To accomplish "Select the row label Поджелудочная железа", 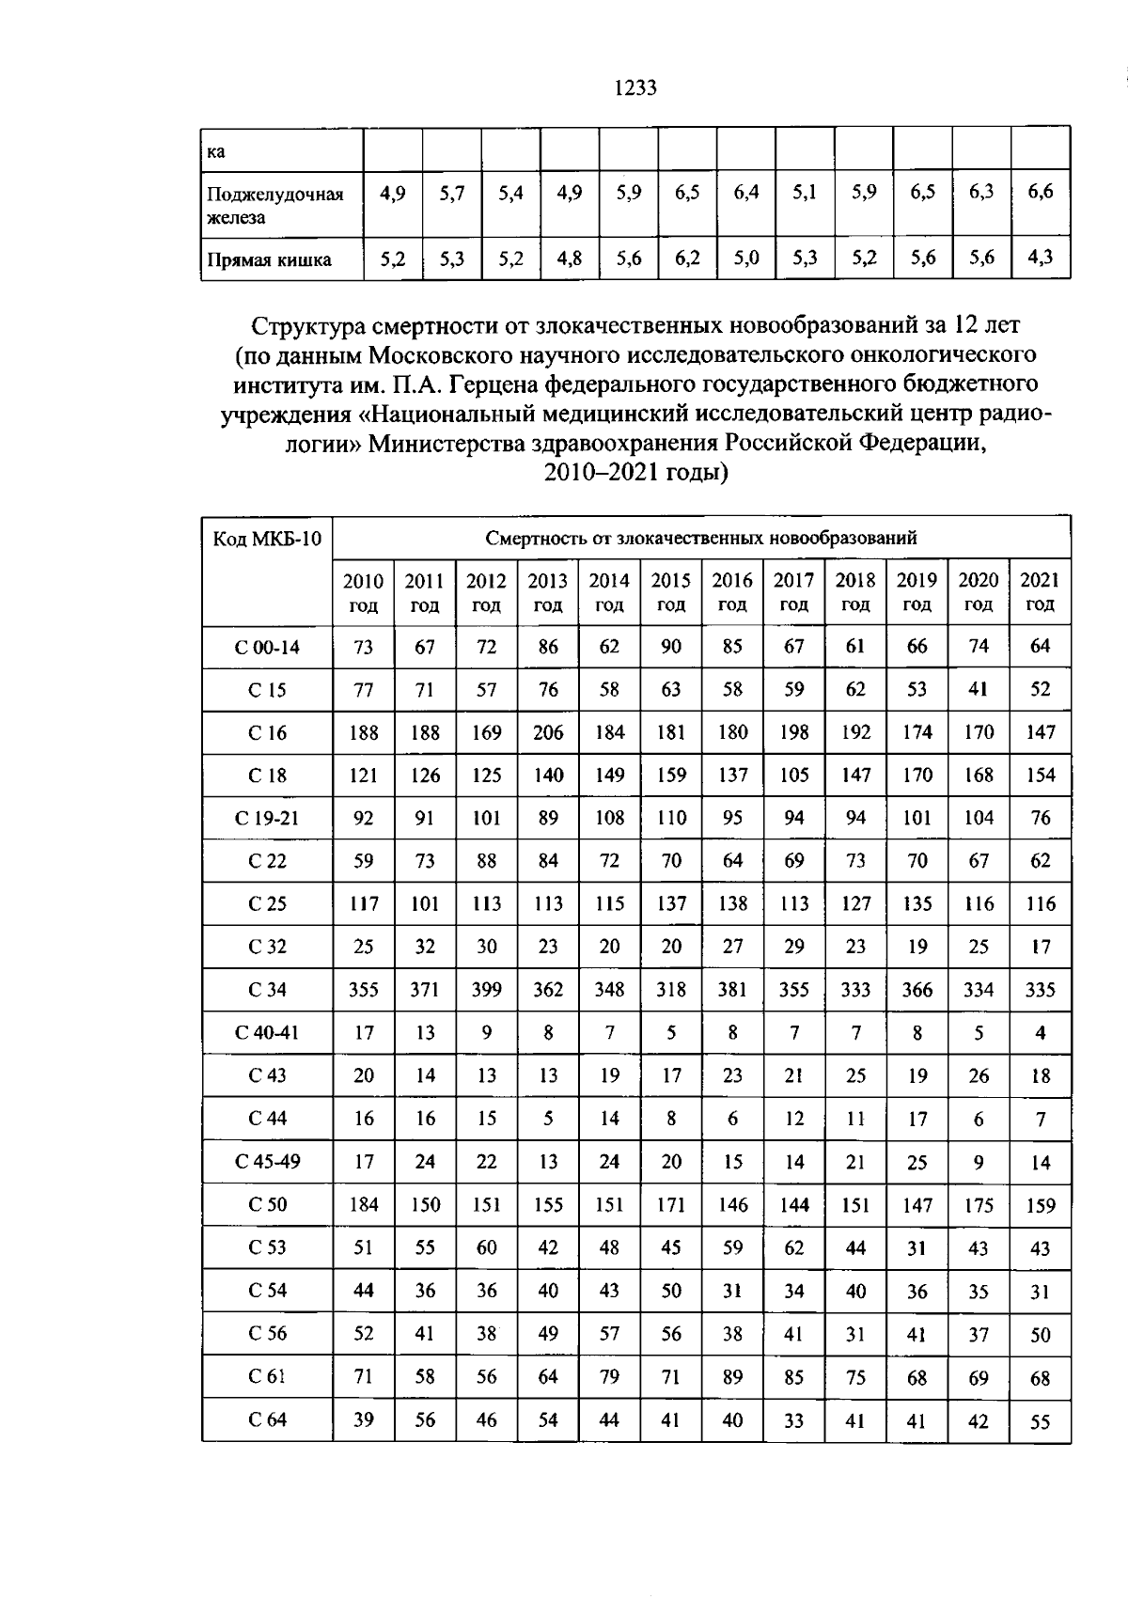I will [274, 205].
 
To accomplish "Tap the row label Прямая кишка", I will [269, 260].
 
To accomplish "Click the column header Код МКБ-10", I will [267, 539].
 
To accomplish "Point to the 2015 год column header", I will [670, 592].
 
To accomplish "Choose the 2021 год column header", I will [1040, 592].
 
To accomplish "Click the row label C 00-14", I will [267, 647].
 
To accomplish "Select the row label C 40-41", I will [267, 1033].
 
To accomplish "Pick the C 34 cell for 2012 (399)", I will [486, 990].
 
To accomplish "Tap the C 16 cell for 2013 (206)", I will [548, 732].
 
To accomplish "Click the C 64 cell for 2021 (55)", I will [1040, 1422].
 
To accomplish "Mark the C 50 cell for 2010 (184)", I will [364, 1205].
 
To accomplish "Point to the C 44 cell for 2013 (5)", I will [548, 1119].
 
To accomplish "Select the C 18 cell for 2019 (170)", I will [916, 776].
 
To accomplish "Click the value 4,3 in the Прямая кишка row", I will [1040, 259].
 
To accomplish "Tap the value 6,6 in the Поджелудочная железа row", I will [1040, 193].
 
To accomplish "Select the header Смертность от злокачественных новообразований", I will [701, 539].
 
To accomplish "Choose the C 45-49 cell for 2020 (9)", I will [979, 1162].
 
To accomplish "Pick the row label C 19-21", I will [267, 818].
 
